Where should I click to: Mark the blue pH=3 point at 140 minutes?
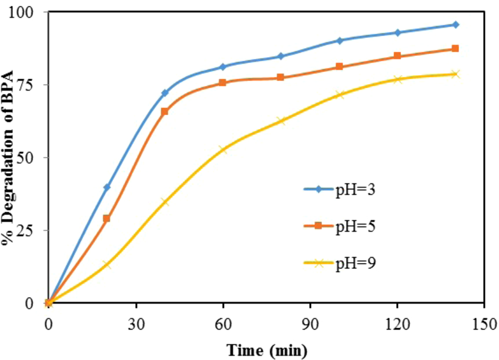pos(455,25)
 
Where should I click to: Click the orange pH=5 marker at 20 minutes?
pos(106,218)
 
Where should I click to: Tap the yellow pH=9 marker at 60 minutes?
pos(223,149)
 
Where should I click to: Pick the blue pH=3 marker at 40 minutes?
pos(165,93)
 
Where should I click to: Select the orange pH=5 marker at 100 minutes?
pos(339,67)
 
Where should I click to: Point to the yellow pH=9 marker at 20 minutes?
pos(106,265)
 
